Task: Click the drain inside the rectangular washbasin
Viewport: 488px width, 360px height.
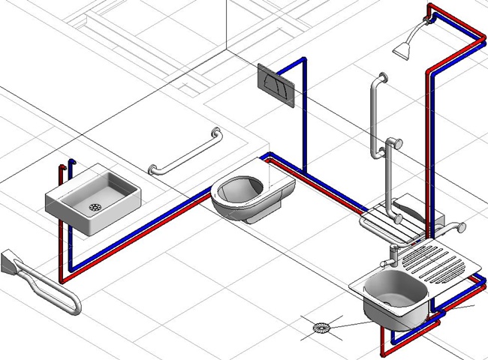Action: (95, 205)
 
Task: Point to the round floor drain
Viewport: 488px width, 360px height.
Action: (321, 327)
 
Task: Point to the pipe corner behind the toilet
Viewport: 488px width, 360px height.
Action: (267, 158)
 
